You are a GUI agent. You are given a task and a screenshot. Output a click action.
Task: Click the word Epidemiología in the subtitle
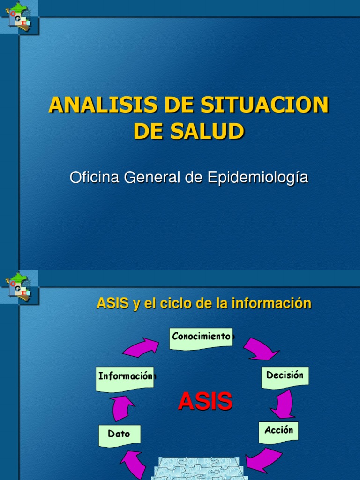257,178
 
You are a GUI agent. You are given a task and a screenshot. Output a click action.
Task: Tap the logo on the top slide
20,17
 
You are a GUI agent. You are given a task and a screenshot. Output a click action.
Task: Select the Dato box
119,435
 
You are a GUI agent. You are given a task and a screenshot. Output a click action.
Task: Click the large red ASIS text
205,402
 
